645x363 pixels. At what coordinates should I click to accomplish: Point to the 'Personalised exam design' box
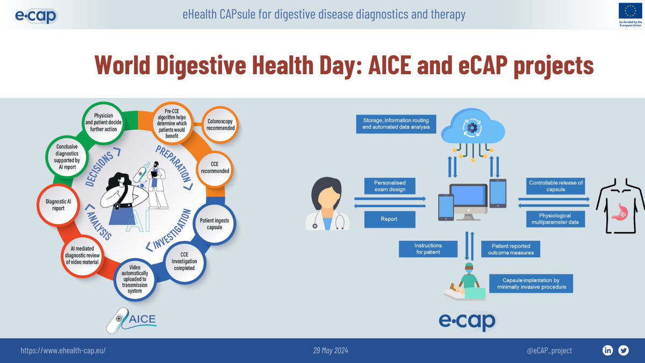pyautogui.click(x=390, y=186)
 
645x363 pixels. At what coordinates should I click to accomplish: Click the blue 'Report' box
pyautogui.click(x=390, y=219)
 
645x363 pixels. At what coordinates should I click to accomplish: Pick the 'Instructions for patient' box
pyautogui.click(x=428, y=248)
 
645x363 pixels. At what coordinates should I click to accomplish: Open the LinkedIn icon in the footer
pyautogui.click(x=608, y=351)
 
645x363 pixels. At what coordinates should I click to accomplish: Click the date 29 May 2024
pyautogui.click(x=331, y=351)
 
